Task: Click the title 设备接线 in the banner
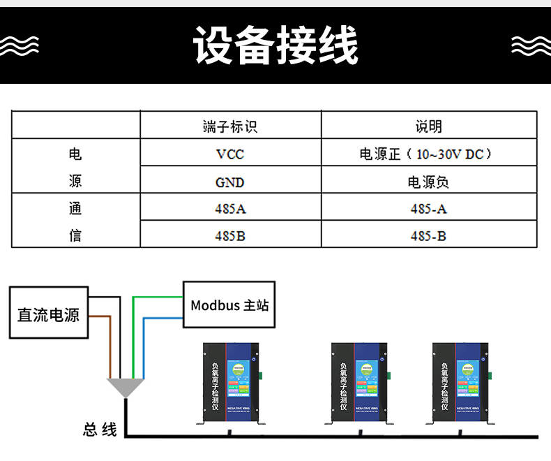point(276,45)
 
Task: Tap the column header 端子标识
point(229,126)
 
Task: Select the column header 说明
point(428,126)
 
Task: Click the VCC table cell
point(229,154)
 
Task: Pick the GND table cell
point(229,182)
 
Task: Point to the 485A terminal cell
point(229,208)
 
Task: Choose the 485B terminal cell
point(229,235)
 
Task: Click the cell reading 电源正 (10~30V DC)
point(428,154)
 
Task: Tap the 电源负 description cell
point(428,182)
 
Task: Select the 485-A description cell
point(428,208)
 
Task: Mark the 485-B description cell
point(428,235)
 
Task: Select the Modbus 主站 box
point(229,305)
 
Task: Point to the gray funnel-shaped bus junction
point(126,386)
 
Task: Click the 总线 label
point(100,429)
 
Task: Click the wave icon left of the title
point(20,45)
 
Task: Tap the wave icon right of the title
point(531,45)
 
